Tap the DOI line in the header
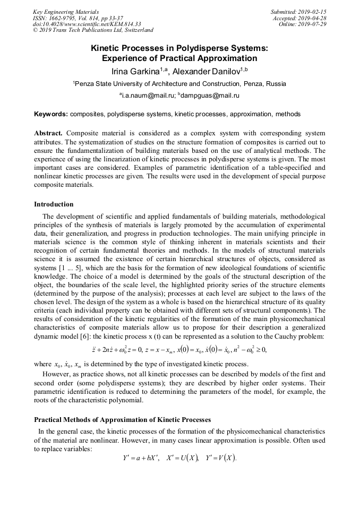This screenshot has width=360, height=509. [x=87, y=24]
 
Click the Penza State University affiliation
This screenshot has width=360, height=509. [x=179, y=84]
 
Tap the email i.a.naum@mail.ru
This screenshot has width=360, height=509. [x=147, y=96]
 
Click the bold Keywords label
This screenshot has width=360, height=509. [x=51, y=114]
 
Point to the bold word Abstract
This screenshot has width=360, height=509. [x=49, y=133]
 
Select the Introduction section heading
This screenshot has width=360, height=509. [x=54, y=204]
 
